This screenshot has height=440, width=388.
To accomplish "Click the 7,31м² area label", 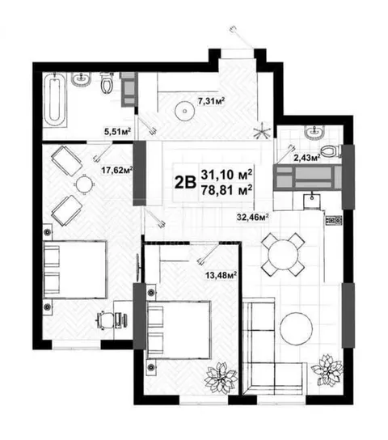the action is (212, 101).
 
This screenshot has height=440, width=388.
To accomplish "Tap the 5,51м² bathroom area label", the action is (118, 131).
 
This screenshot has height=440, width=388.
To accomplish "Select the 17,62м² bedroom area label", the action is (117, 170).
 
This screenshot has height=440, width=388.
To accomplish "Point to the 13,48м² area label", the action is (221, 275).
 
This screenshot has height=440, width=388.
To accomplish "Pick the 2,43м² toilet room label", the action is (307, 158).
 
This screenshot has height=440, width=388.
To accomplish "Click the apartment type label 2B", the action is (185, 183).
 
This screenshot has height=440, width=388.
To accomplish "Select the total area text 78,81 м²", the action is (226, 191).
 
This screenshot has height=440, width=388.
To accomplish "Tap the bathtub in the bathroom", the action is (55, 100).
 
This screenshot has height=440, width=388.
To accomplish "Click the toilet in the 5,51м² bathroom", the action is (107, 82).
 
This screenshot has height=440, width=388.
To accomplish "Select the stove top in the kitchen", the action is (334, 220).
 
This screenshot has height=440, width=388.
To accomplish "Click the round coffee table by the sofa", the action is (297, 328).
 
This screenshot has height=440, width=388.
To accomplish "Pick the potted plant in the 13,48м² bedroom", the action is (221, 378).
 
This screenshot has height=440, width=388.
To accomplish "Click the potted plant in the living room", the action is (327, 370).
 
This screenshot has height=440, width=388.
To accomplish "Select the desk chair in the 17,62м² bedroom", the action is (105, 319).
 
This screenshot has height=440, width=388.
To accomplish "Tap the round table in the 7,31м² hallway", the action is (185, 111).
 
